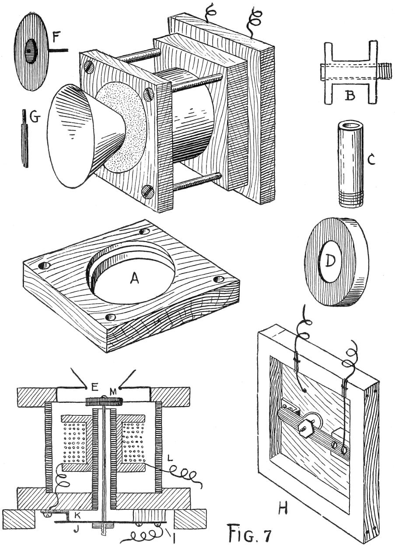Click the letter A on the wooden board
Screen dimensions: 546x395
point(135,278)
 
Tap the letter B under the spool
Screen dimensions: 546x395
point(350,95)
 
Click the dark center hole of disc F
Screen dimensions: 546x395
point(29,51)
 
